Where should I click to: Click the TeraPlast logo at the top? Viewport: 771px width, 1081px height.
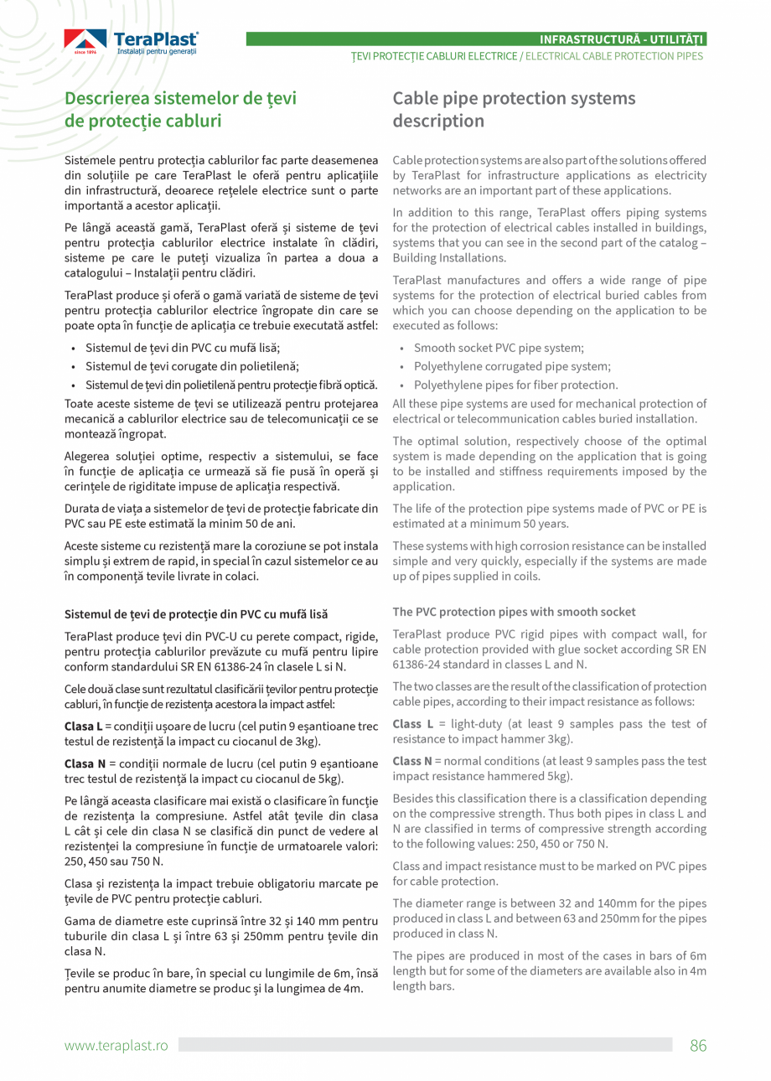click(x=132, y=42)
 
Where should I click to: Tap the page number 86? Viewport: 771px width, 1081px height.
click(x=698, y=1045)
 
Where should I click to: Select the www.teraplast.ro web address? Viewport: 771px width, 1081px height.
click(x=116, y=1045)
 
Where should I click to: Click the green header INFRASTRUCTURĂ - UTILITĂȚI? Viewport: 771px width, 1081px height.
click(x=621, y=39)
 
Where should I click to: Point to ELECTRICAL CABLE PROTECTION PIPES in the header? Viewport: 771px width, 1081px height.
click(x=614, y=56)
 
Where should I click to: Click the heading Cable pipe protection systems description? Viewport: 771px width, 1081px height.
click(x=514, y=110)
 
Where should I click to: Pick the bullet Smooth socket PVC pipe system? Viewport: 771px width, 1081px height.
click(x=499, y=348)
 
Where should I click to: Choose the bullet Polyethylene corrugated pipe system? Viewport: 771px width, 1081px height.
click(x=512, y=366)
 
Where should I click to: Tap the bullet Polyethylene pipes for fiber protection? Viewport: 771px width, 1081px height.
click(x=515, y=385)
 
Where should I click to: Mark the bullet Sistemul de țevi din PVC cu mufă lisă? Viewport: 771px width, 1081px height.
click(x=183, y=348)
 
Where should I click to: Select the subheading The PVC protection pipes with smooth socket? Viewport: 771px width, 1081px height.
click(x=514, y=612)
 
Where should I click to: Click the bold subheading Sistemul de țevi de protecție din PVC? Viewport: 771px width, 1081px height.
click(x=196, y=614)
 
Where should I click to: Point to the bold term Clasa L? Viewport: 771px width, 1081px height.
click(x=83, y=726)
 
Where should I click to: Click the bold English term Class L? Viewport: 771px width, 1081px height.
click(x=412, y=723)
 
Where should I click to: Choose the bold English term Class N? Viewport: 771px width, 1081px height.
click(x=412, y=761)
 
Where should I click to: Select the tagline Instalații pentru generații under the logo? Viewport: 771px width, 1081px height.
click(x=157, y=52)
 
